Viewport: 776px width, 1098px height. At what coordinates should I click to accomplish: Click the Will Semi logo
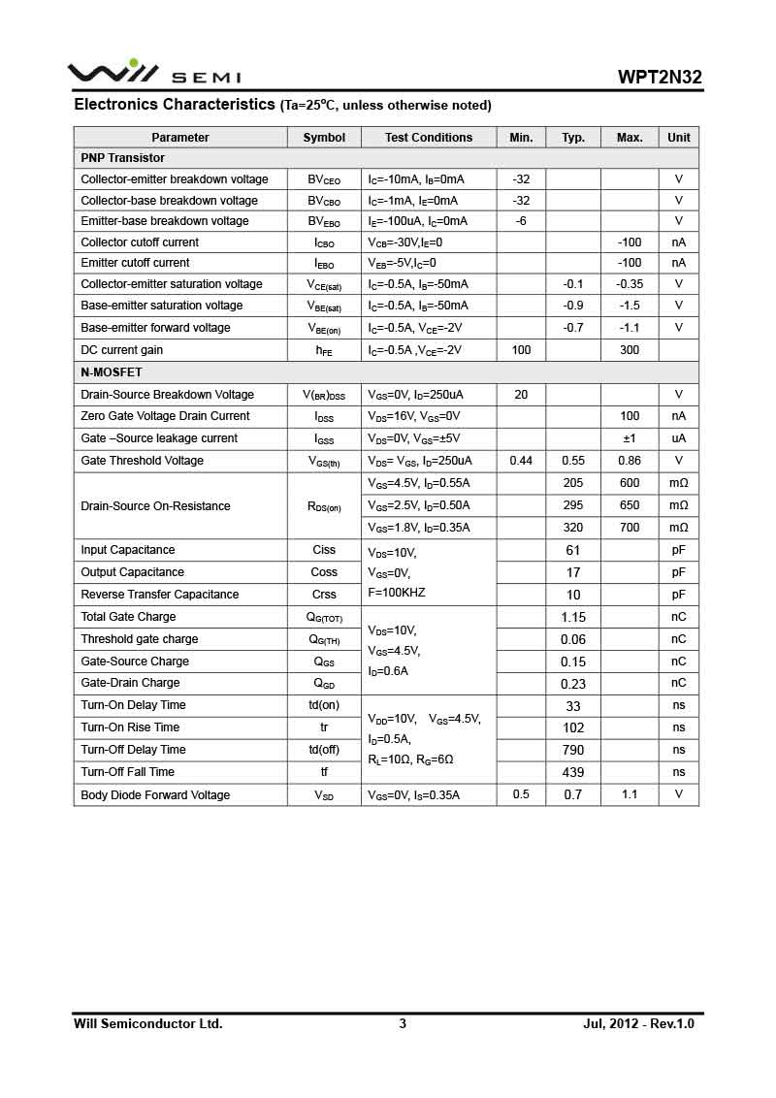coord(153,74)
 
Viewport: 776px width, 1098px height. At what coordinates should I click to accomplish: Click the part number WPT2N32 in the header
coord(660,78)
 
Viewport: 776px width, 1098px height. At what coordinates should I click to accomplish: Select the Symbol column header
coord(324,138)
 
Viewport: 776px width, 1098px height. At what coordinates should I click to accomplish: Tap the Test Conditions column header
coord(429,138)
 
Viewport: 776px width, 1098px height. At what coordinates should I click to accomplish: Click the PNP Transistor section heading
coord(122,158)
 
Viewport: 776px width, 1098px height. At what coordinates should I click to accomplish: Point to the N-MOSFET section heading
coord(112,372)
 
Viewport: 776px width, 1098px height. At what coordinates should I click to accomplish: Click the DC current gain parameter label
coord(122,350)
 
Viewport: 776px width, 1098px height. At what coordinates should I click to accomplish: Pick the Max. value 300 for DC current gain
coord(630,350)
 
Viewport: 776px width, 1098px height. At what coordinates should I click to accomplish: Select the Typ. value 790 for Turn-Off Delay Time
coord(573,750)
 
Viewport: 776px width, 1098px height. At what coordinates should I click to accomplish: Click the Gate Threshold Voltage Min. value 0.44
coord(521,461)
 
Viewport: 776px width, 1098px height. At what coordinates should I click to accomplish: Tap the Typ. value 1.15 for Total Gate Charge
coord(573,617)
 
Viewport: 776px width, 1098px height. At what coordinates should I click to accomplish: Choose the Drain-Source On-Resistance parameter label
coord(155,506)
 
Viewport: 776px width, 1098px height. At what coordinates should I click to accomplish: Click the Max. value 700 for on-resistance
coord(630,528)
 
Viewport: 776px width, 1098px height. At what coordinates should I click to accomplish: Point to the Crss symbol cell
coord(324,595)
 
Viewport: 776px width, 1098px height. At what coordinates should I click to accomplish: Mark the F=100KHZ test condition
coord(397,593)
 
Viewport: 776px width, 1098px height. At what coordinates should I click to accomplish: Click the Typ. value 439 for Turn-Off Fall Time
coord(573,772)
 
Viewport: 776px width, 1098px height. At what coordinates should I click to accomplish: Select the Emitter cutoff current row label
coord(135,263)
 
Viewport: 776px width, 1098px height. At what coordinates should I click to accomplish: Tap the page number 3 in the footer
coord(403,1023)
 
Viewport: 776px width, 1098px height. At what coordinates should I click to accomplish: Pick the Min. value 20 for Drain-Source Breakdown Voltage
coord(521,395)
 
